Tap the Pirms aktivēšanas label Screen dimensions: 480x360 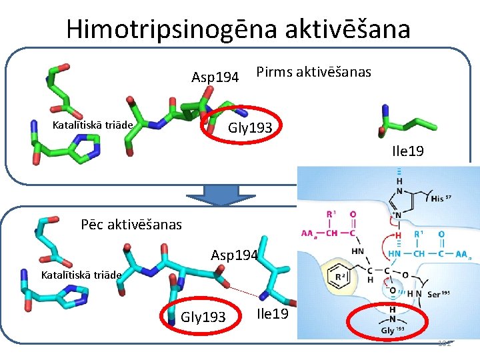313,72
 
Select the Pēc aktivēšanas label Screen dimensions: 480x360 131,225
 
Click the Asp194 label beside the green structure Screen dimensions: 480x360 215,77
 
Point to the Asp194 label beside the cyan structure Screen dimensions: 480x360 234,255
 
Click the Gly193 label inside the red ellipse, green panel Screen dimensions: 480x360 251,127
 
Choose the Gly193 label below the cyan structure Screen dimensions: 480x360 203,316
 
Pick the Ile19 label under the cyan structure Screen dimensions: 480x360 273,313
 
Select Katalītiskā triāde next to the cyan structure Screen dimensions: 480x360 81,275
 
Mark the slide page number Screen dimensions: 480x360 445,343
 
